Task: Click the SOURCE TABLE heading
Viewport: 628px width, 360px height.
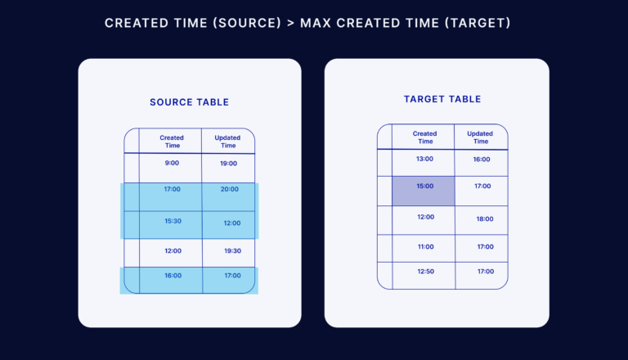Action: [x=189, y=102]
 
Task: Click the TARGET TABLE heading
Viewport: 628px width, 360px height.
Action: [x=442, y=99]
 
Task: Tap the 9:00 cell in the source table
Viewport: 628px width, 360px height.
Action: [x=172, y=163]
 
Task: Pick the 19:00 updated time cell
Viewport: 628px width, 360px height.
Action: [x=228, y=164]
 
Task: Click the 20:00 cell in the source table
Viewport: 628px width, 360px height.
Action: [x=229, y=189]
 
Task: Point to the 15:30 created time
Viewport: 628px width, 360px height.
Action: [x=172, y=221]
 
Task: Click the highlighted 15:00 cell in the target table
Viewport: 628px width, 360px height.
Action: [x=424, y=187]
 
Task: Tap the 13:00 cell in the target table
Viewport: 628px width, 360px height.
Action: [x=424, y=159]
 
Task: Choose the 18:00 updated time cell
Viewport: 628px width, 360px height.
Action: [x=485, y=218]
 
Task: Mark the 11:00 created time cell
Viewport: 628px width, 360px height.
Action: [x=425, y=246]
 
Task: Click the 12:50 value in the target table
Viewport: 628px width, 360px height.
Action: [x=424, y=271]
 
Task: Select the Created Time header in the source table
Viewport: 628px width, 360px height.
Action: [x=172, y=142]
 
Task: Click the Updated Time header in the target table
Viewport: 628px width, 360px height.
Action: [x=480, y=137]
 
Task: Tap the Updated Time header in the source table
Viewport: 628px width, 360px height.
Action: [x=227, y=142]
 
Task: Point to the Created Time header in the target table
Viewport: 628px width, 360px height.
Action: [x=424, y=137]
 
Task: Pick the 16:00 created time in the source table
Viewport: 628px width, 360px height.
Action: [x=173, y=276]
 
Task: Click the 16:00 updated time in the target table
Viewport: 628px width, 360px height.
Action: [x=482, y=160]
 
